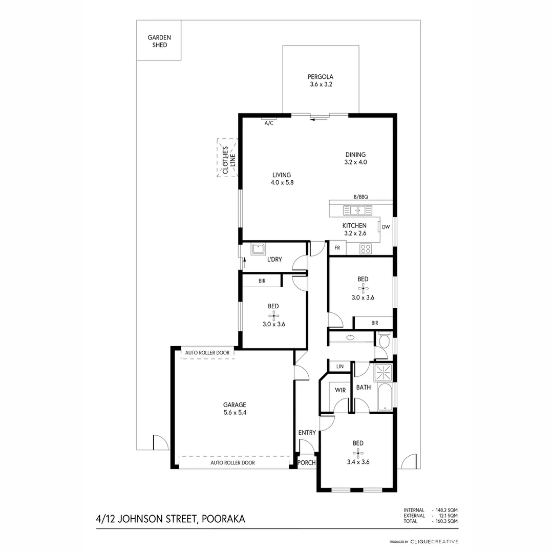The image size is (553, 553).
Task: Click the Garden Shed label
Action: [x=159, y=41]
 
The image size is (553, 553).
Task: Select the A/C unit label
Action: [x=268, y=123]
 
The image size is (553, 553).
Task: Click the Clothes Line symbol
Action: [x=227, y=158]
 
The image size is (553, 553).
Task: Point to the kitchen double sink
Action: [x=357, y=209]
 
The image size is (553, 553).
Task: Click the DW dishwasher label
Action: [x=386, y=227]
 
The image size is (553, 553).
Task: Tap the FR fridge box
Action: [x=337, y=248]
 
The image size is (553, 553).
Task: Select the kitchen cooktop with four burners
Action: [x=366, y=249]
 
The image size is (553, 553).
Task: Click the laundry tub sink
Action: [x=258, y=249]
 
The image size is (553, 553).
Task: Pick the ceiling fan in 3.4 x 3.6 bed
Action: [x=357, y=452]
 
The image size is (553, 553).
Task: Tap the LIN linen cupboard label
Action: [x=339, y=367]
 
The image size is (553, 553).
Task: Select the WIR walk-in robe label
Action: [x=340, y=390]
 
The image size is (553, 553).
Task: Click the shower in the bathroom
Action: [x=384, y=372]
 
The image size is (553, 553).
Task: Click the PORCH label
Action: [x=307, y=463]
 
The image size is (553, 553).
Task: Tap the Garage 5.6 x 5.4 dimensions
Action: [x=234, y=413]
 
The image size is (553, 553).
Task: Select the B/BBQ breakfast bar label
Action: [x=360, y=197]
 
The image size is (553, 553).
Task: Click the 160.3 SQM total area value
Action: [x=446, y=521]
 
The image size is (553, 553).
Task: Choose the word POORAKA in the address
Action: [x=224, y=519]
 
